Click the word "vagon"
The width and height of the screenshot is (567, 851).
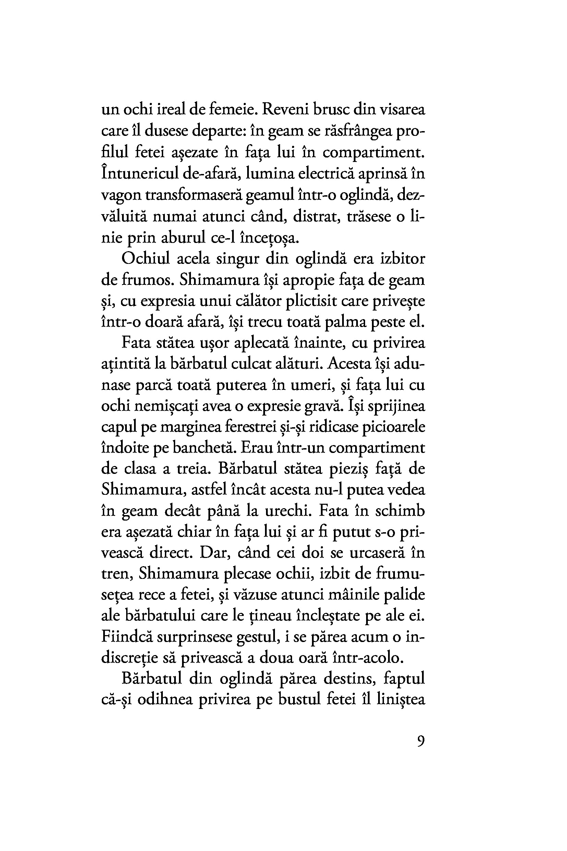click(x=121, y=196)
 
